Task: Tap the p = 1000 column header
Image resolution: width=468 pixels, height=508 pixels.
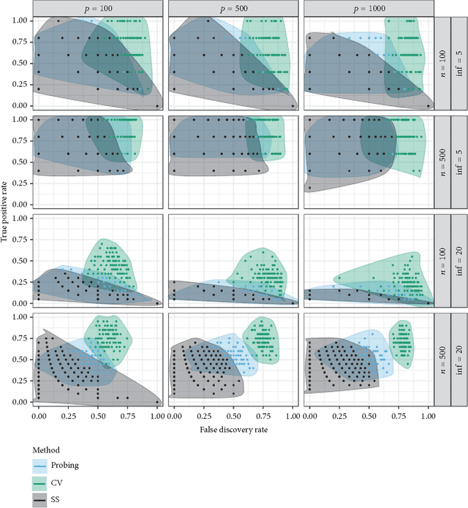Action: [366, 8]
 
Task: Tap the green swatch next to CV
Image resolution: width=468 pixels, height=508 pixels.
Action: [42, 482]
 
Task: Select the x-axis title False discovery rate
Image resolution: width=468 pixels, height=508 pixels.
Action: [233, 430]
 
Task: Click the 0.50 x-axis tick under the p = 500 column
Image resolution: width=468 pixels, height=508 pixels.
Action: [234, 414]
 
